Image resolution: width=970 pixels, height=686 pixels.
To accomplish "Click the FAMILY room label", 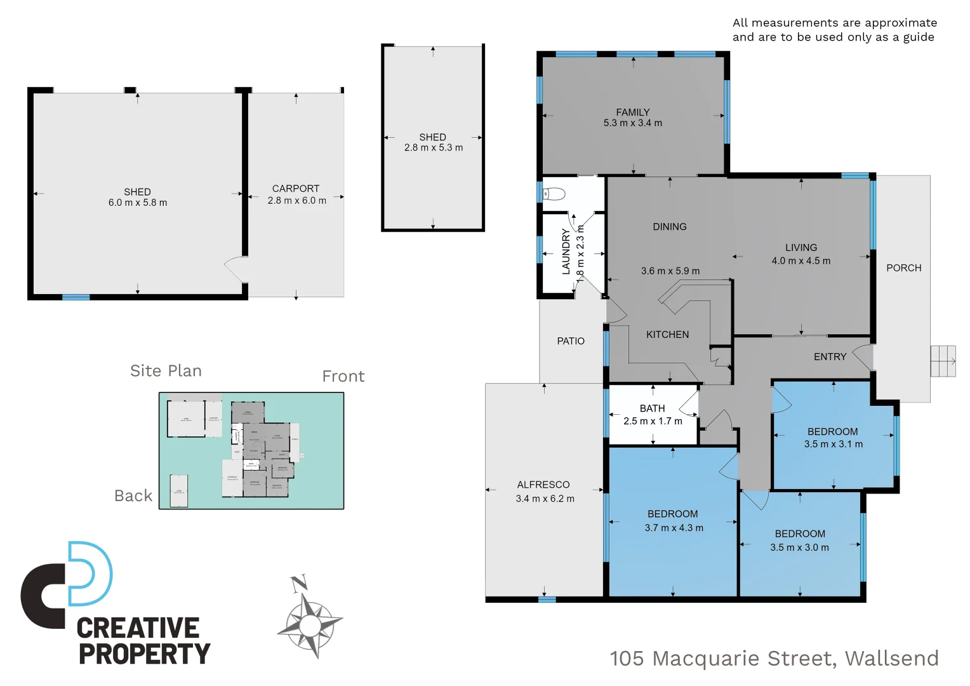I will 632,112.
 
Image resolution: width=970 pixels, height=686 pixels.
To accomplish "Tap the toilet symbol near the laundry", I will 554,194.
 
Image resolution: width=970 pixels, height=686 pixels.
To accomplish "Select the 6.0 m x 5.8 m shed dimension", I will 138,203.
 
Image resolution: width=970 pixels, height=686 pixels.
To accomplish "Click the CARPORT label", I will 296,189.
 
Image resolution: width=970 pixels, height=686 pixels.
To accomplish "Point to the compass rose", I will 310,624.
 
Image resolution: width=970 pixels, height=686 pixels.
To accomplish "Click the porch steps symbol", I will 943,361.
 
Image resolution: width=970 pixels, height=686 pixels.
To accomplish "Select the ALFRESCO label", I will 543,485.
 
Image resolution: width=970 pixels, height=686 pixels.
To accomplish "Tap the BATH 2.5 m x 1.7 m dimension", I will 653,421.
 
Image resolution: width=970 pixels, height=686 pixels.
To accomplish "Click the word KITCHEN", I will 667,335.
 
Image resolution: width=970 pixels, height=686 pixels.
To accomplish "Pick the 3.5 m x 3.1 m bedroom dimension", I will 833,444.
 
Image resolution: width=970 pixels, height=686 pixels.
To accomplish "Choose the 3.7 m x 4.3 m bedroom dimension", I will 674,528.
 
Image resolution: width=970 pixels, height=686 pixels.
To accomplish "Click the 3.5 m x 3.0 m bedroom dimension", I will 799,548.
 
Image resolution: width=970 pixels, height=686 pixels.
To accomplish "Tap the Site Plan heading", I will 166,371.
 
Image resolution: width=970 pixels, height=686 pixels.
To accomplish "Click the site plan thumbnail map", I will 251,450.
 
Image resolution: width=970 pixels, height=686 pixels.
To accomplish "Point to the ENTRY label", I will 830,357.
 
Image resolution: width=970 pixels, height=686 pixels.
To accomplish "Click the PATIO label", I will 571,341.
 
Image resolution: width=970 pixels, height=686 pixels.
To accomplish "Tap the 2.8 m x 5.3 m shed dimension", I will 434,147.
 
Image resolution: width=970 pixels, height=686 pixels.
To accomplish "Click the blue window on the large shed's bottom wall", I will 76,297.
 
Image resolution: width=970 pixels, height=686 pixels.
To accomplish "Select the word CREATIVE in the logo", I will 138,628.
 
